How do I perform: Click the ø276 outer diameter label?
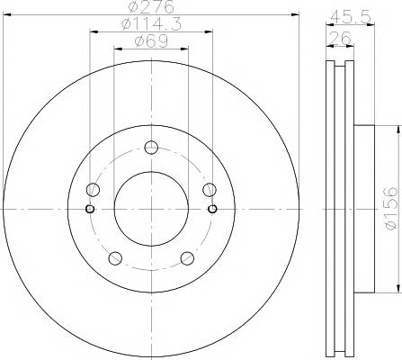(x=151, y=7)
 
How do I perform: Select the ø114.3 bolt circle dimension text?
(x=152, y=24)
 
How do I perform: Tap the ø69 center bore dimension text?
(x=151, y=41)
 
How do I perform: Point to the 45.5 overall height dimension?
(x=350, y=17)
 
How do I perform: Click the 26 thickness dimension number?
(x=340, y=38)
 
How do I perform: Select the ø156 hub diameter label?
(x=391, y=209)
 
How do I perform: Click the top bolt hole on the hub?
(x=151, y=148)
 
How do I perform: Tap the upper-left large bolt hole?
(x=93, y=189)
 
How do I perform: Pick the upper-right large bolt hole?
(x=210, y=189)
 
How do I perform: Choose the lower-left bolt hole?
(x=115, y=258)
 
